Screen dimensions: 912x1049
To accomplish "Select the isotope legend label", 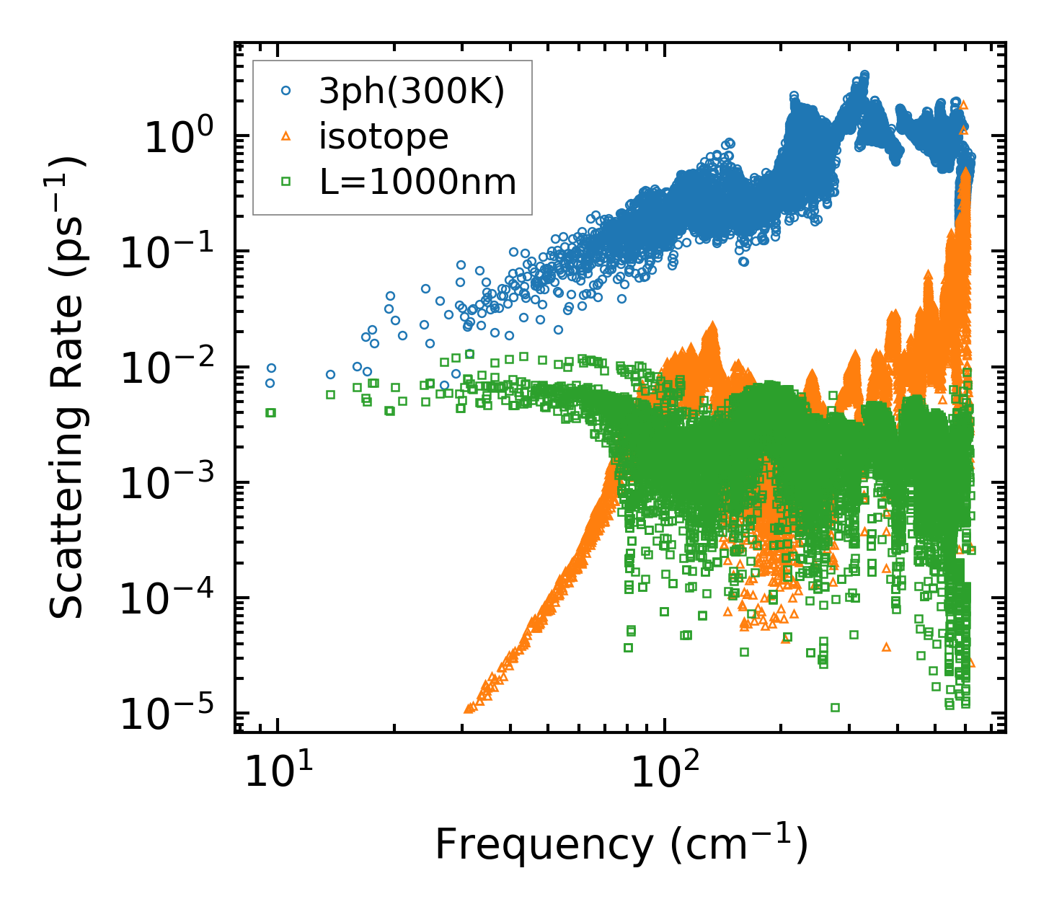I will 384,137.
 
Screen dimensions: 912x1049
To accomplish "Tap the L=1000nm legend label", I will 418,182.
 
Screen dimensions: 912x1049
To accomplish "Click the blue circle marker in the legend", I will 286,92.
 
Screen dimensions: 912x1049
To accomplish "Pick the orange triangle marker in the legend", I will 286,137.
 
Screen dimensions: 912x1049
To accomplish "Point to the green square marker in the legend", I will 286,182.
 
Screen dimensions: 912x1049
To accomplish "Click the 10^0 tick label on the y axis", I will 177,137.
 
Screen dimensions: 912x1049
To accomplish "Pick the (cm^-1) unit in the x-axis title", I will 739,844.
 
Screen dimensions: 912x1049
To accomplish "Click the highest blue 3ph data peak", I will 864,74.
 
